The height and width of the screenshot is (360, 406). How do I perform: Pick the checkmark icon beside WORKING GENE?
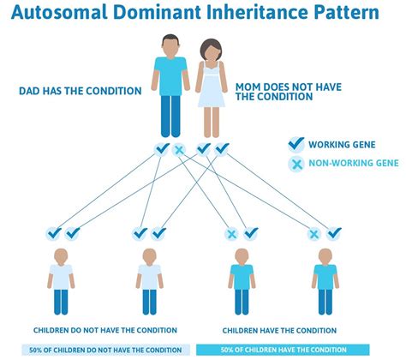(x=296, y=145)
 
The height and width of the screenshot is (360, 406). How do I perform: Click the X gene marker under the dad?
(x=179, y=150)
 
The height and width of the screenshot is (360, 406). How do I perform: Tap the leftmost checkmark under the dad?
(x=162, y=149)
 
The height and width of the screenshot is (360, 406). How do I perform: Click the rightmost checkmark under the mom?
(x=222, y=149)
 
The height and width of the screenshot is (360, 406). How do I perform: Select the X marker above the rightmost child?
(x=315, y=232)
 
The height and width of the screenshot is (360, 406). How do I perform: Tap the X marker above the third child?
(x=231, y=232)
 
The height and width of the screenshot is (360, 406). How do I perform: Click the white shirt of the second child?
(x=150, y=277)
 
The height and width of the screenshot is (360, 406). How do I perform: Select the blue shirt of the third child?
(x=241, y=277)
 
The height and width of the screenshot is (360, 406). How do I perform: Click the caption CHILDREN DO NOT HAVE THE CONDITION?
(x=105, y=330)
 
